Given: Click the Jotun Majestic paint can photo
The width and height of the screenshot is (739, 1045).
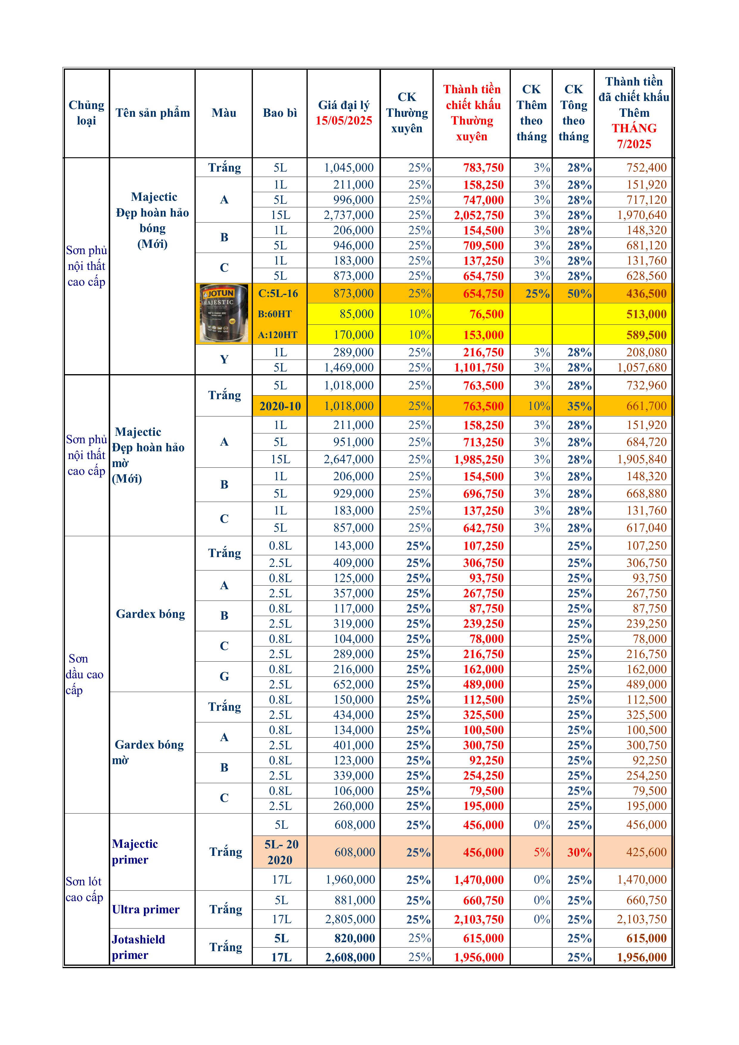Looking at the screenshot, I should pos(224,314).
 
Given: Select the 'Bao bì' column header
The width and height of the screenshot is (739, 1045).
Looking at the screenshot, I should pos(280,113).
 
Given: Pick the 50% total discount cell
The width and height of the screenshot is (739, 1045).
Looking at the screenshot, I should pos(579,293).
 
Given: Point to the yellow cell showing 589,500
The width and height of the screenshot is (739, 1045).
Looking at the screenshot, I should pos(646,335).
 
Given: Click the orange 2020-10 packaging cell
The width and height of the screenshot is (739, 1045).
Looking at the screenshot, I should pos(280,406).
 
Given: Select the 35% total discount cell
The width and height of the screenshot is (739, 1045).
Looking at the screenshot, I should pos(579,406).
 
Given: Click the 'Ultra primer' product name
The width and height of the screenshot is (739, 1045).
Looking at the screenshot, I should pos(146,909).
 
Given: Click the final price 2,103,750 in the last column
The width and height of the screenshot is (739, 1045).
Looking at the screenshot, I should pos(641,919).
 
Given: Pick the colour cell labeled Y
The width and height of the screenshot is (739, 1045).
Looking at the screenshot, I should pos(224,360).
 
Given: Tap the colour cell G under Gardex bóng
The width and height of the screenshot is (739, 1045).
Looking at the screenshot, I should pos(224,676).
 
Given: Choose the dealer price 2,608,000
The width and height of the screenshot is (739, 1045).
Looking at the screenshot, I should pos(350,957).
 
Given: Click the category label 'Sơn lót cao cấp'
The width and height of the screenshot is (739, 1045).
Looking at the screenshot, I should pos(85,889).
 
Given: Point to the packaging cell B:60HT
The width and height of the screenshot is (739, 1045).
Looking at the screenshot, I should pos(275,314).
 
